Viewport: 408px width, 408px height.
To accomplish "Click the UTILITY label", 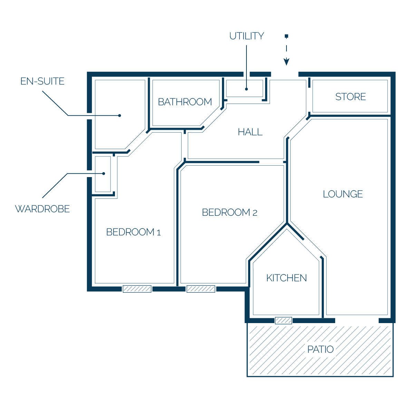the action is tap(247, 36).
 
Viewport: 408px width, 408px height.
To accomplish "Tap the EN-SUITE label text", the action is tap(42, 81).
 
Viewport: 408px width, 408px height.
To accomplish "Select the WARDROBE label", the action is tap(42, 209).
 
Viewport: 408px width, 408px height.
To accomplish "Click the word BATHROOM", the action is tap(185, 102).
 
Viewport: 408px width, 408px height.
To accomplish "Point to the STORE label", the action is tap(350, 97).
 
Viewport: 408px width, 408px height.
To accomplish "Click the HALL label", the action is tap(250, 132).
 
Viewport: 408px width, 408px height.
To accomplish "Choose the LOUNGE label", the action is tap(343, 194).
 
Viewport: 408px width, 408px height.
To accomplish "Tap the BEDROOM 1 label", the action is tap(134, 232).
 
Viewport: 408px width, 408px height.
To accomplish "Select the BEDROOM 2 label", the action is tap(230, 213).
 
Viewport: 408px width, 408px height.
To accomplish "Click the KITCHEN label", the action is tap(286, 278).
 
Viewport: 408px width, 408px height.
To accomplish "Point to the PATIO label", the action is tap(320, 349).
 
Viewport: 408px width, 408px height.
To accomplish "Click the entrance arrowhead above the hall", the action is tap(286, 62).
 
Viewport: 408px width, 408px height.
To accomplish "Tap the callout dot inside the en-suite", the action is tap(120, 116).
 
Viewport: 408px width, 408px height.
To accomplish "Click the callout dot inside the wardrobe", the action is tap(104, 174).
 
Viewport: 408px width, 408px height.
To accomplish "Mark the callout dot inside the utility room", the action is tap(246, 89).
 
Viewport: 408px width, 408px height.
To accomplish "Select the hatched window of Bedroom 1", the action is tap(137, 289).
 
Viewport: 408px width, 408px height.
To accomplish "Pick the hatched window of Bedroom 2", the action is tap(201, 289).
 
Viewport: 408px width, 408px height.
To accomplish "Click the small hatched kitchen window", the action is tap(284, 320).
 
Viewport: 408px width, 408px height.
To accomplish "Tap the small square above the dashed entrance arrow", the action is tap(286, 36).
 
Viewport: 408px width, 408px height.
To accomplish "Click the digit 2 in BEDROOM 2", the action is tap(255, 213).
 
